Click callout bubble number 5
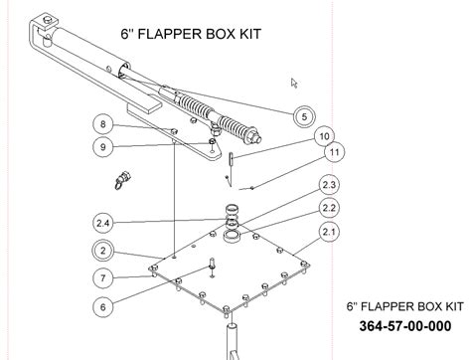(304, 116)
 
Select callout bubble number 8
(103, 124)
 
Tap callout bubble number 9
(103, 147)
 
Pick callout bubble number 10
(324, 136)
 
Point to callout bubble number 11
(335, 152)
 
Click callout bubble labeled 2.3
(329, 185)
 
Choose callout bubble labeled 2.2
(329, 208)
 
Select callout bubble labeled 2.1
(329, 232)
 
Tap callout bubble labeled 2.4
(103, 223)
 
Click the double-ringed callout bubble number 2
(103, 251)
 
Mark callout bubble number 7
(103, 277)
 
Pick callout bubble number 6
(103, 307)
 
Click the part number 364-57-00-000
(405, 326)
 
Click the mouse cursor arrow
(293, 83)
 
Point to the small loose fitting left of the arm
(122, 179)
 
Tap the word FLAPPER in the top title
(170, 34)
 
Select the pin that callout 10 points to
(231, 158)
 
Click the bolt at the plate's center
(212, 267)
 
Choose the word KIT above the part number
(452, 306)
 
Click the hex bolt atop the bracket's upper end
(49, 21)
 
